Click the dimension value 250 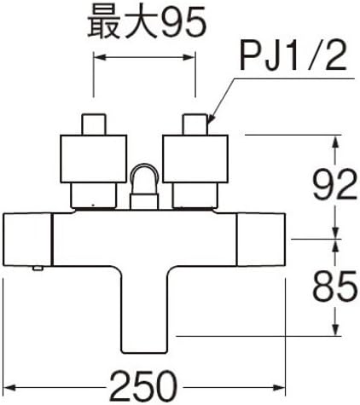[x=143, y=387]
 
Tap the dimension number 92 [x=334, y=184]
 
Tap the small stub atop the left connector [x=94, y=124]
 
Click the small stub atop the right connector [x=195, y=124]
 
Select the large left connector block [x=94, y=159]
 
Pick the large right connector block [x=195, y=159]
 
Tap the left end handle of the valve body [x=28, y=240]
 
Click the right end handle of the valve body [x=261, y=240]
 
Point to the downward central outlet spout [x=144, y=310]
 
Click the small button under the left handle [x=38, y=268]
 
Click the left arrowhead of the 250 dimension [x=10, y=387]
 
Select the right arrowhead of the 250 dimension [x=279, y=387]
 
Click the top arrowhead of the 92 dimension [x=335, y=141]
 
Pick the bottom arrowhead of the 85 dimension [x=336, y=329]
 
